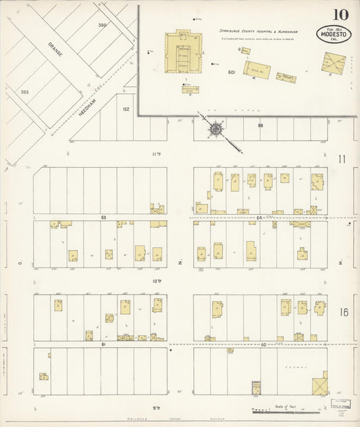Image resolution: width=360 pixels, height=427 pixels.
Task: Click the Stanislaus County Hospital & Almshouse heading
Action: pos(258,31)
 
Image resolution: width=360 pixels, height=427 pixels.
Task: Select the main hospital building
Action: pos(183,54)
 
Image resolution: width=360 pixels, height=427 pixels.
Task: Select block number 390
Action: pos(102,25)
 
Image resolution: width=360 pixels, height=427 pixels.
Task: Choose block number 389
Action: pos(25,92)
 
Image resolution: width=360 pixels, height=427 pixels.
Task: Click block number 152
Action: pos(126,108)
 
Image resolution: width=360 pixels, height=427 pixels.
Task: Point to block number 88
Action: pos(260,125)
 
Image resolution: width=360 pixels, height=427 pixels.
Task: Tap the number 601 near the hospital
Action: pos(231,72)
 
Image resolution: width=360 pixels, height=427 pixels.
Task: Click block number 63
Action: pos(103,218)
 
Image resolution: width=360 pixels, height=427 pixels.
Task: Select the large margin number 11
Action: pos(342,159)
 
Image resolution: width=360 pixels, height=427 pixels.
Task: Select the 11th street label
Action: pos(156,154)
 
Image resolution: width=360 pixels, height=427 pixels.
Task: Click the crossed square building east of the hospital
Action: pos(333,64)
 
